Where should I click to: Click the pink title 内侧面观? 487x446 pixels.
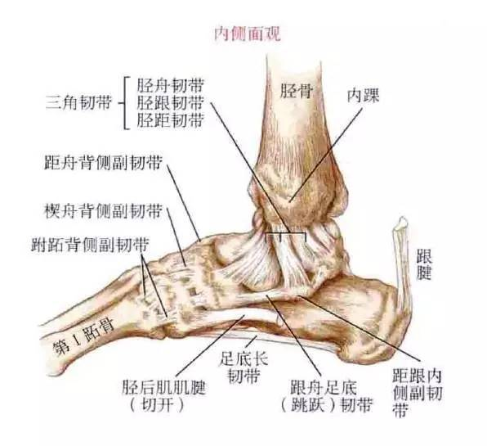[x=248, y=34]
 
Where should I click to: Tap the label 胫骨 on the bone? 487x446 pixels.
[x=297, y=91]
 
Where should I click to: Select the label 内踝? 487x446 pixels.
[x=363, y=95]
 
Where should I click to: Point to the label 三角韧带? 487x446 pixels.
[x=78, y=102]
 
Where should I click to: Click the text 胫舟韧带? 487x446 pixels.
[x=171, y=85]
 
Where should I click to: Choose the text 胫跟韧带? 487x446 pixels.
[x=171, y=102]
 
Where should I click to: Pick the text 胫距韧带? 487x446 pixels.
[x=171, y=120]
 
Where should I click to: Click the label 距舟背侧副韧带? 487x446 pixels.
[x=103, y=162]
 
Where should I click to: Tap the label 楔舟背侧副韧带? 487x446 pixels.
[x=104, y=211]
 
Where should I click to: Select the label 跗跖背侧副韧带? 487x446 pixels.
[x=90, y=245]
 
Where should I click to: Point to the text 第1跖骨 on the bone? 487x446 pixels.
[x=83, y=337]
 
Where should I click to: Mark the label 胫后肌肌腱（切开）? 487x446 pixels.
[x=163, y=396]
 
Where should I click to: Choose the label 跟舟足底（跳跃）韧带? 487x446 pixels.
[x=326, y=396]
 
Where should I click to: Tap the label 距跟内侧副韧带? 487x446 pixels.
[x=417, y=393]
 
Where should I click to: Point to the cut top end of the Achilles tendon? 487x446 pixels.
[x=403, y=222]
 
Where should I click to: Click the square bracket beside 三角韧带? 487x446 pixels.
[x=125, y=102]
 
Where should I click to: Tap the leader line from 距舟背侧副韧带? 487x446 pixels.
[x=184, y=203]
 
